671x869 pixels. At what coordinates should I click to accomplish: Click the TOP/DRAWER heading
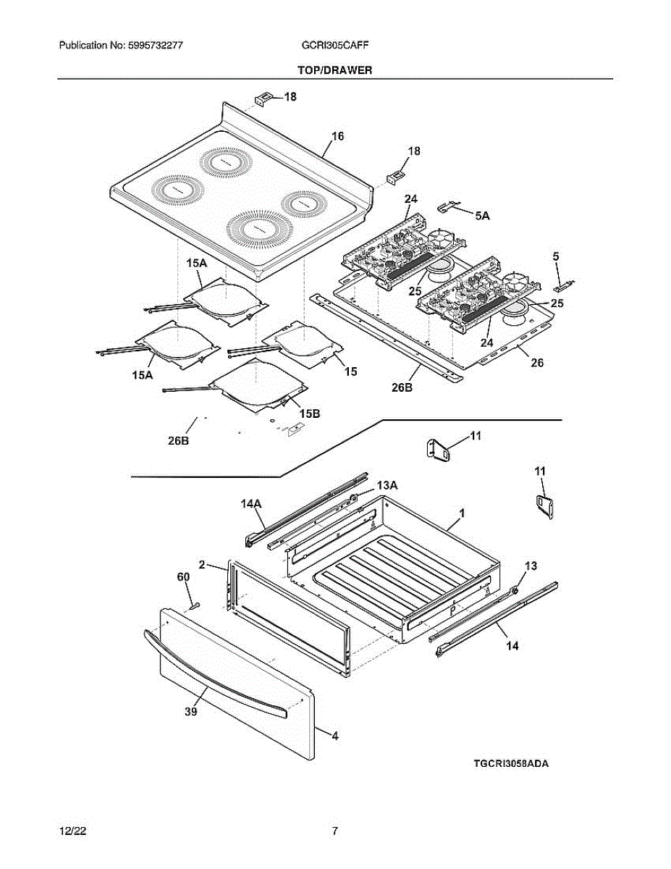334,70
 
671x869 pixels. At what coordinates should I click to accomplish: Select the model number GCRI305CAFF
335,45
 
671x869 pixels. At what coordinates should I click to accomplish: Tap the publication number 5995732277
120,45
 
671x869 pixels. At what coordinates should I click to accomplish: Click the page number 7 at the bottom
334,831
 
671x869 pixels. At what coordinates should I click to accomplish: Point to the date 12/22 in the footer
70,831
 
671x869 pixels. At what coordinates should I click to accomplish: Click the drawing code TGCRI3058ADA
511,763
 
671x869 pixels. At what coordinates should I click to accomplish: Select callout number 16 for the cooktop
337,136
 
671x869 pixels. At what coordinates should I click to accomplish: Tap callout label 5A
482,215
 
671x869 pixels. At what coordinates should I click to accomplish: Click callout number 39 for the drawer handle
190,712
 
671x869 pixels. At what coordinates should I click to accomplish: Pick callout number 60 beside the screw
183,576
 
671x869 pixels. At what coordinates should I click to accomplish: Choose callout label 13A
387,484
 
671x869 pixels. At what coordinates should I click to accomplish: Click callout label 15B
310,413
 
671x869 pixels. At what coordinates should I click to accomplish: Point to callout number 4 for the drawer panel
334,736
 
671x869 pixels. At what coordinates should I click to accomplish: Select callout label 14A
251,501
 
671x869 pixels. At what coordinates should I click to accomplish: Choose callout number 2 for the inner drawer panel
202,564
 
